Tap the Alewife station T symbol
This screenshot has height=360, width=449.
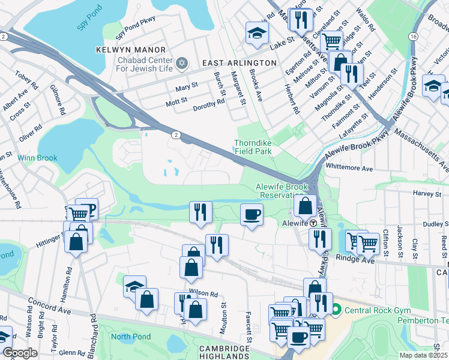click(x=313, y=223)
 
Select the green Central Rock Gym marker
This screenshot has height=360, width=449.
click(x=335, y=310)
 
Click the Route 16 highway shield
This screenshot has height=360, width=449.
click(x=414, y=37)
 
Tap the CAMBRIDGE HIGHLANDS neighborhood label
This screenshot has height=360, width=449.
click(x=232, y=353)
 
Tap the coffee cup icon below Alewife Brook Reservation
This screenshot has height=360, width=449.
click(x=252, y=214)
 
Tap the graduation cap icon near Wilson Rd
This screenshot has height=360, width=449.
click(x=134, y=286)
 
